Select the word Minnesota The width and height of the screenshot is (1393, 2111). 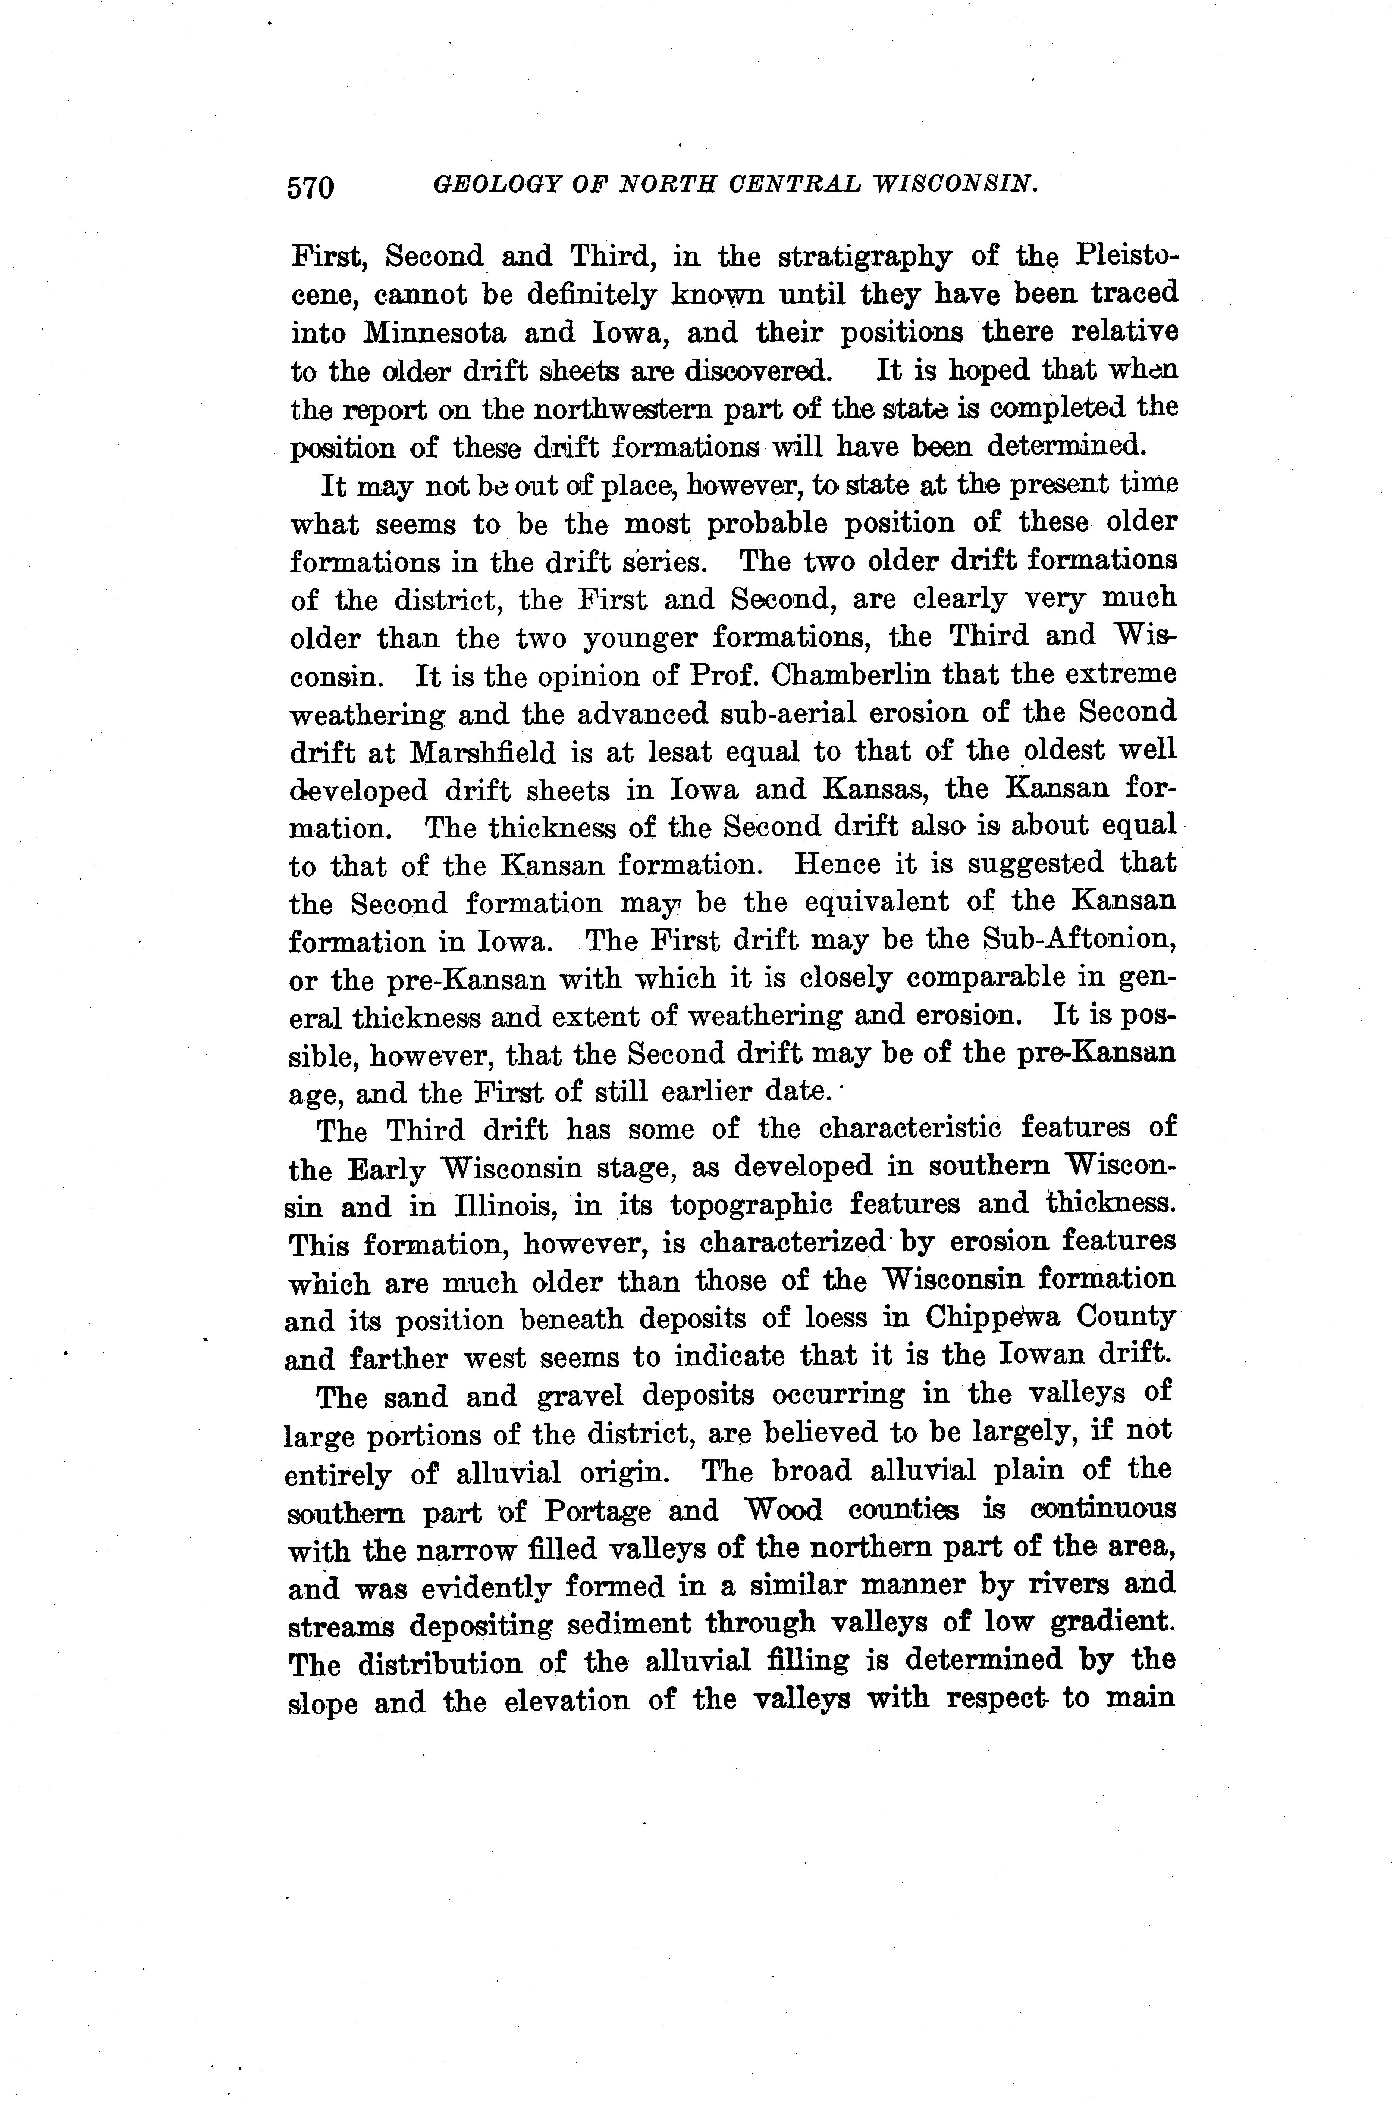point(433,332)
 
